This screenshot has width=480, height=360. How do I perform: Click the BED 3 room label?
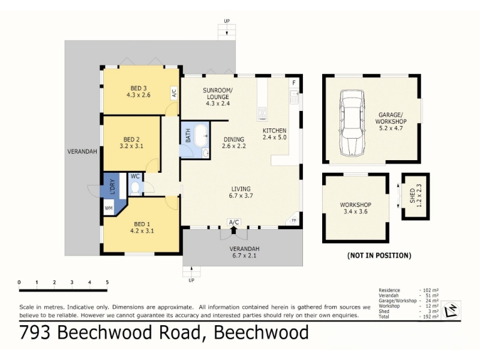139,88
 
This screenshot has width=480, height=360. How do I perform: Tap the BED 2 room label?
131,140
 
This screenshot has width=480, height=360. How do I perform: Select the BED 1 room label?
142,224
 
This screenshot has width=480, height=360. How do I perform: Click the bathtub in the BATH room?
201,136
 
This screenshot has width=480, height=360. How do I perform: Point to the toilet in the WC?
135,188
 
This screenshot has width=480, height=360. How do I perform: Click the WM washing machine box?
109,208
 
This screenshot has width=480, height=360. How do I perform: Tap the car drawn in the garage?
352,123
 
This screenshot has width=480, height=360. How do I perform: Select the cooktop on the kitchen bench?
262,113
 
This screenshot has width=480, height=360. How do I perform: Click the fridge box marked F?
294,83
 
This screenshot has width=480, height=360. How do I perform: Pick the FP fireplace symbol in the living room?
293,220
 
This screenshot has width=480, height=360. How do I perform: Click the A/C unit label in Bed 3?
174,92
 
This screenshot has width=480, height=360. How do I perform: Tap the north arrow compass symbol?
452,310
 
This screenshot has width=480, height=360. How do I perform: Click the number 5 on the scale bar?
107,282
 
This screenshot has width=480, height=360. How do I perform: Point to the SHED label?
412,196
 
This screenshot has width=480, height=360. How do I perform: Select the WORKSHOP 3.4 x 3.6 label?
355,208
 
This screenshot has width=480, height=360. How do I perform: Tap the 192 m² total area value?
431,317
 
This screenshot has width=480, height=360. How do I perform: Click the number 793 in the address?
35,332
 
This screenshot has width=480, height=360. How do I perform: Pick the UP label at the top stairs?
227,21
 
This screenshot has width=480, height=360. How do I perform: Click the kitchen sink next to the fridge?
294,97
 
